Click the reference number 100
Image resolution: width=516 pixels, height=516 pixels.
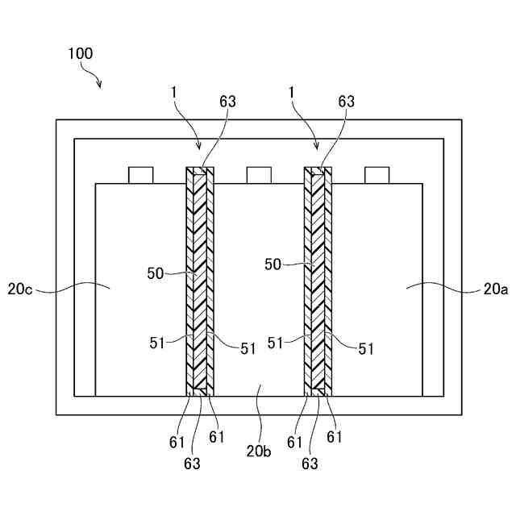[x=81, y=54]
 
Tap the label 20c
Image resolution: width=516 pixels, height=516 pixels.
[x=21, y=287]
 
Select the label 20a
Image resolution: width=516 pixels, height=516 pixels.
[x=495, y=287]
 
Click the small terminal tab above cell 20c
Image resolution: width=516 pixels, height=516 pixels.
[x=140, y=175]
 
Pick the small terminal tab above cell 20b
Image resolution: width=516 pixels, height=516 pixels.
[x=259, y=175]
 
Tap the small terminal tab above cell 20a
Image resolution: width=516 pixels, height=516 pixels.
[x=377, y=175]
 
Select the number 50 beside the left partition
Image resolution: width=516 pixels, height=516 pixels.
[x=156, y=273]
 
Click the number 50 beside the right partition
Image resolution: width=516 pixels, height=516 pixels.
[x=274, y=264]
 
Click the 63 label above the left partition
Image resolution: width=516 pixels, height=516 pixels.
[x=228, y=102]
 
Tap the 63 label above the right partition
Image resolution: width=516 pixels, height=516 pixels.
[x=346, y=102]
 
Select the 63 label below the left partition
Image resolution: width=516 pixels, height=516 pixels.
[x=192, y=464]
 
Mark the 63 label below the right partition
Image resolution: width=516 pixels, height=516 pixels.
[x=310, y=464]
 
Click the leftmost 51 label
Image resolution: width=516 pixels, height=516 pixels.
[x=156, y=342]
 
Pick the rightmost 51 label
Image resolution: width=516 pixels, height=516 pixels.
[x=366, y=348]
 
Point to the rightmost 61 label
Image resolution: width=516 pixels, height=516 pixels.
[x=334, y=436]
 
